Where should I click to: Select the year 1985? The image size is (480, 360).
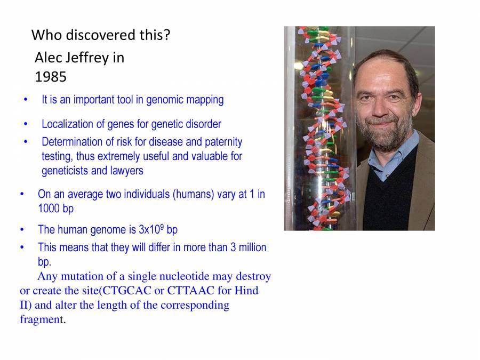[x=51, y=77]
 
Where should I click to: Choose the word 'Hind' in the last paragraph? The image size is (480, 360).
[x=247, y=291]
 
